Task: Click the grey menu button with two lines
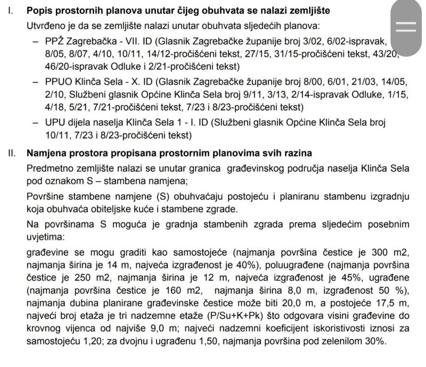click(x=406, y=26)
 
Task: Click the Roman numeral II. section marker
click(x=11, y=153)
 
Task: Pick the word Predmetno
click(x=48, y=168)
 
